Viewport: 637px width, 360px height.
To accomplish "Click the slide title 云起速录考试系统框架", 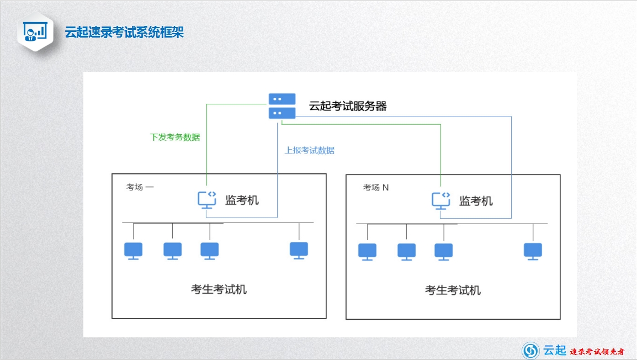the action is pyautogui.click(x=124, y=32).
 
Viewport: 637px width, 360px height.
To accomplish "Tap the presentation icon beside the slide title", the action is pyautogui.click(x=35, y=31).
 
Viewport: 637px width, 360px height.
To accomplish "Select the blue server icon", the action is pyautogui.click(x=282, y=106).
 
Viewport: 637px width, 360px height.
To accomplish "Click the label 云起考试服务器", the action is pyautogui.click(x=348, y=106).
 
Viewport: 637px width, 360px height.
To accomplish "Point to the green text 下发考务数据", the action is pyautogui.click(x=175, y=137).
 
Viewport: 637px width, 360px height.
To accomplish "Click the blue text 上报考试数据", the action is pyautogui.click(x=310, y=150).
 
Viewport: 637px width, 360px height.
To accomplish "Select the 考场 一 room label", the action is pyautogui.click(x=140, y=187).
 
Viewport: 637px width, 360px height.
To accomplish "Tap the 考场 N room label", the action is pyautogui.click(x=376, y=187).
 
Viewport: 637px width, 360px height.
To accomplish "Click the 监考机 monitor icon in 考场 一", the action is pyautogui.click(x=207, y=200).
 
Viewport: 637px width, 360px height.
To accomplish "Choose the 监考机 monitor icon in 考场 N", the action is pyautogui.click(x=441, y=201).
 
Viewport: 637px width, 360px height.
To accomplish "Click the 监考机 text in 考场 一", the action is pyautogui.click(x=242, y=200).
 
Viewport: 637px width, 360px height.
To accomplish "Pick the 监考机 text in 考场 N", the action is pyautogui.click(x=476, y=201).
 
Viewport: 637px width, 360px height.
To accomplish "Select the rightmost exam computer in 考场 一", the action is pyautogui.click(x=299, y=251).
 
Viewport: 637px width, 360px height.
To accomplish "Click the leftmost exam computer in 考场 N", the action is pyautogui.click(x=367, y=252).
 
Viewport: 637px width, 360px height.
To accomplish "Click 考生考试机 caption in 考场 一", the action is pyautogui.click(x=219, y=289).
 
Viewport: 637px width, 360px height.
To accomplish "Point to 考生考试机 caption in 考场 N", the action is pyautogui.click(x=453, y=290).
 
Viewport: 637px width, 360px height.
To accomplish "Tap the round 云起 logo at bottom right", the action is pyautogui.click(x=530, y=350).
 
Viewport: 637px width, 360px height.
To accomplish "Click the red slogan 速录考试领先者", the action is pyautogui.click(x=597, y=352).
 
